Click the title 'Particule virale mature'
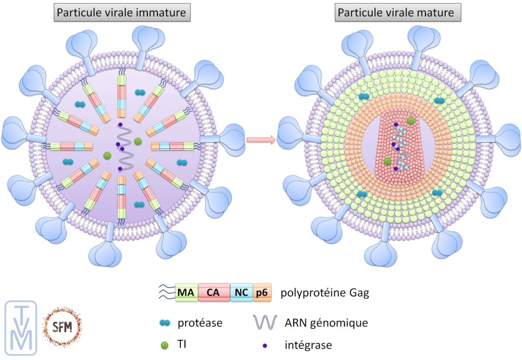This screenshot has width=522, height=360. point(394,12)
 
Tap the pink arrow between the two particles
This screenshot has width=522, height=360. point(260,139)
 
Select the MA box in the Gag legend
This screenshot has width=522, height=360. point(187,293)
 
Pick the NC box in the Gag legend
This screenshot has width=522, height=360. point(241,293)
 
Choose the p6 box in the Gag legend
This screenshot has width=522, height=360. point(262,293)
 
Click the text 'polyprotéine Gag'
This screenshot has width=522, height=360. point(317,293)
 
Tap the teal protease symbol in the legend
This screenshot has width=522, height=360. point(165,322)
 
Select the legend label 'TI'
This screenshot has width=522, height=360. point(182,345)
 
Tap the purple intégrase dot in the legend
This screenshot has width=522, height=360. point(265,346)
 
